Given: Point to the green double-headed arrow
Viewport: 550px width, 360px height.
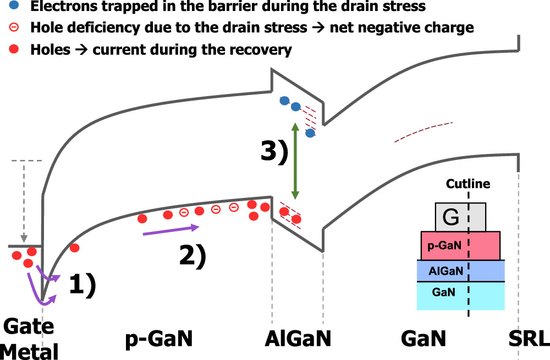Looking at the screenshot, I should [295, 161].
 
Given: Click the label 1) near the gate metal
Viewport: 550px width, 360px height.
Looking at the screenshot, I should [82, 285].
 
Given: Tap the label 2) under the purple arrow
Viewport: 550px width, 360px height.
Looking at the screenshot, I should [193, 255].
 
